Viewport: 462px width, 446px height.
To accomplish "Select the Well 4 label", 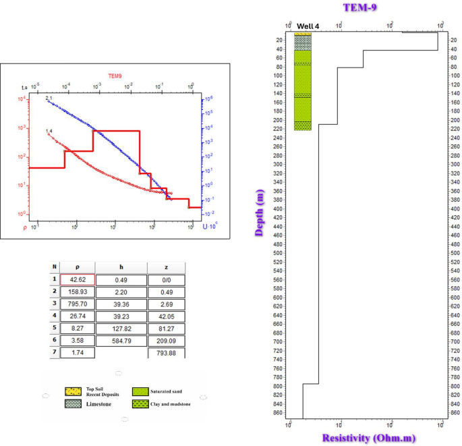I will [307, 26].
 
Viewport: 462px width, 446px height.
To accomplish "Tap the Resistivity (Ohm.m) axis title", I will [368, 438].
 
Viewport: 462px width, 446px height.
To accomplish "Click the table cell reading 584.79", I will [121, 341].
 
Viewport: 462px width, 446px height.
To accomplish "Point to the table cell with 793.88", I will [165, 353].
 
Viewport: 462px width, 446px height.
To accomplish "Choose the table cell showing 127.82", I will [121, 329].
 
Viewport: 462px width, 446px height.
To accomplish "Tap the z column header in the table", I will [165, 267].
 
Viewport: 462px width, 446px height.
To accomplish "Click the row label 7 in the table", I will [55, 353].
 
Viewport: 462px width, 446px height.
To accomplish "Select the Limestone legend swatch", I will [74, 403].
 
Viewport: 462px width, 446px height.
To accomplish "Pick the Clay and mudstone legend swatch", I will [140, 403].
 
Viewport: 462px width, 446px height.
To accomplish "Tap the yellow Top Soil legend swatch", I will [74, 391].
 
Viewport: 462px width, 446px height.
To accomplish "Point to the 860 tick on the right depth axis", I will [455, 412].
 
